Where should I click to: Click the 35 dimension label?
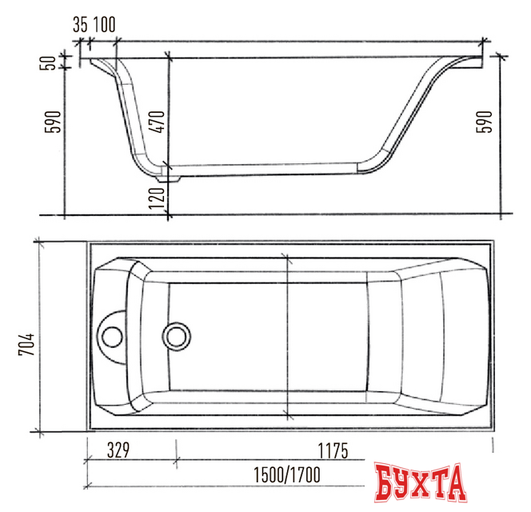point(80,24)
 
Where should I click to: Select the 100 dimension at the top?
point(104,24)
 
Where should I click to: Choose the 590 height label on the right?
point(485,122)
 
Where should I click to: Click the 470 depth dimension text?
point(158,122)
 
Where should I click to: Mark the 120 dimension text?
point(158,195)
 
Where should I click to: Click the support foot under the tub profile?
point(170,176)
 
